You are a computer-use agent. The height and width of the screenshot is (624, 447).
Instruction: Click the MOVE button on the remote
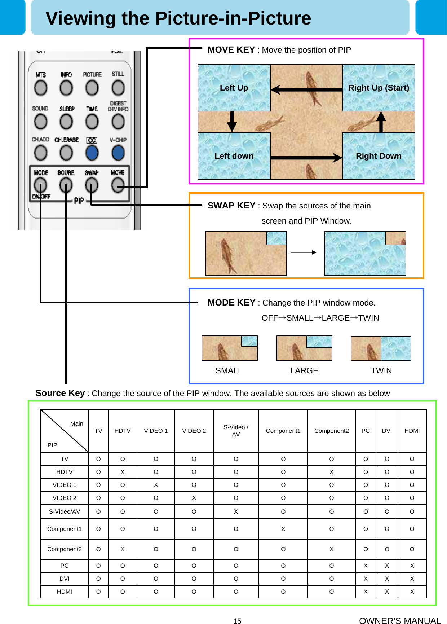(118, 185)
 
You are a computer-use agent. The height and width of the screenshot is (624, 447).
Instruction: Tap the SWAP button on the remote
(92, 185)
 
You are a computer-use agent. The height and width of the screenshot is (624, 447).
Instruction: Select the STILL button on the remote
(118, 88)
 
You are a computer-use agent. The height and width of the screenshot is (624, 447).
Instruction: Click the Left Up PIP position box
(234, 88)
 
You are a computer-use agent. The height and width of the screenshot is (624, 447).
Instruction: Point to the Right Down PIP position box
(379, 156)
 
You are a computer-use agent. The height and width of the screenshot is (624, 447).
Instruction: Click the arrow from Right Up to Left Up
(306, 89)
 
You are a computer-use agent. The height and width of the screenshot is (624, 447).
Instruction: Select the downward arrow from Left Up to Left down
(232, 122)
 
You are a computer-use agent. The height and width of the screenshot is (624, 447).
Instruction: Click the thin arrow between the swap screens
(304, 252)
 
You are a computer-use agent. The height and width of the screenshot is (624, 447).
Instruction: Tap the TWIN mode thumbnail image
(381, 348)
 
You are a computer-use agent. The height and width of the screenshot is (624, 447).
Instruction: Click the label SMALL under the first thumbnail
(229, 370)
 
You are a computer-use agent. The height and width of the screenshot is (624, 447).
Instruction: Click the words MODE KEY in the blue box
(231, 303)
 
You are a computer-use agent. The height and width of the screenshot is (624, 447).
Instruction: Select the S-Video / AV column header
(236, 431)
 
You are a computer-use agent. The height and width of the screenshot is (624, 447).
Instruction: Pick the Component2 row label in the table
(65, 549)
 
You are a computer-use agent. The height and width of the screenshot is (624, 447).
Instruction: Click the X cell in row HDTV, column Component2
(331, 472)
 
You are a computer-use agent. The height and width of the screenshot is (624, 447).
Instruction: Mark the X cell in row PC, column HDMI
(412, 566)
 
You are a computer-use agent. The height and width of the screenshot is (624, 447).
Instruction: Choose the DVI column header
(387, 431)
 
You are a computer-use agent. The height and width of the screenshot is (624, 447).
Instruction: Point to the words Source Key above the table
(60, 393)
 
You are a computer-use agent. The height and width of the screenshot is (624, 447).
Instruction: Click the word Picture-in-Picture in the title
(233, 18)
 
